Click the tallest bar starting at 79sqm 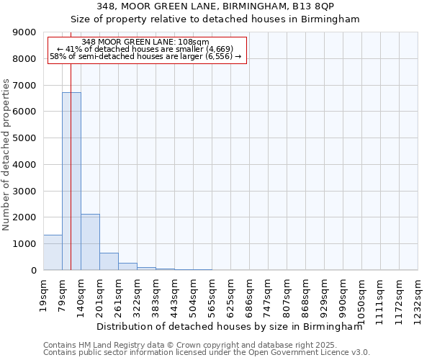(x=71, y=181)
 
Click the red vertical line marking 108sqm (x=71, y=144)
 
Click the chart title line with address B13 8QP (x=215, y=6)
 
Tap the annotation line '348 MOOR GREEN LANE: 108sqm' (x=145, y=42)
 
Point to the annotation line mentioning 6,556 (x=145, y=56)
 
